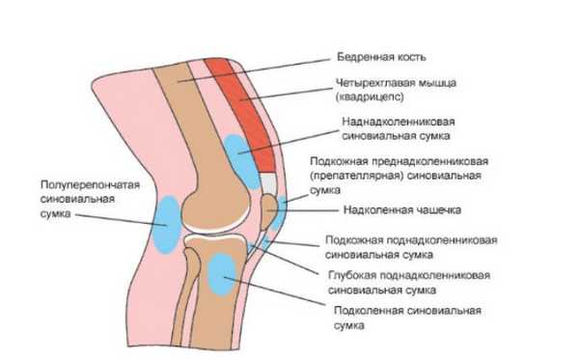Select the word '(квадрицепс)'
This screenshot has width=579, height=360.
coord(368,97)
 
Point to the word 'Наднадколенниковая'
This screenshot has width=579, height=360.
coord(398,124)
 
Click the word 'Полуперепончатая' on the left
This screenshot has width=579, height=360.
coord(85,183)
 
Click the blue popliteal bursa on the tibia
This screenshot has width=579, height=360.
coord(223,272)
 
